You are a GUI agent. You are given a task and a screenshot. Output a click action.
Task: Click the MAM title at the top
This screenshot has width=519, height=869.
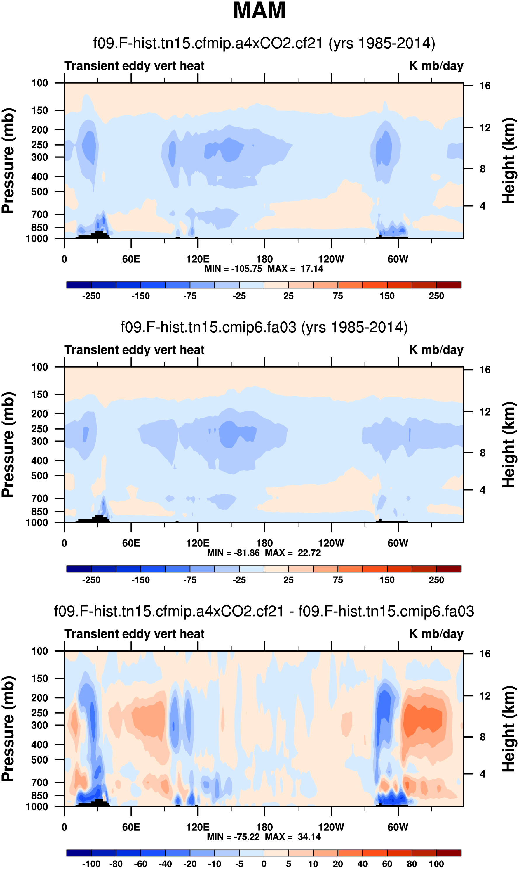(x=259, y=11)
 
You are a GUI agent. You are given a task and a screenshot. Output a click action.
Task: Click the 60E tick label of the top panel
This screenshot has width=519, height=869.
(x=131, y=259)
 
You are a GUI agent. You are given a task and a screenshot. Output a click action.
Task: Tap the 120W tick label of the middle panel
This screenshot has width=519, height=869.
(x=331, y=543)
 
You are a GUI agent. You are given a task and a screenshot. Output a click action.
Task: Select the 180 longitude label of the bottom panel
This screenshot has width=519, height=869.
(x=264, y=827)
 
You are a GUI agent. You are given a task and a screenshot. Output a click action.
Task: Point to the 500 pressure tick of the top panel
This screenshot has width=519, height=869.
(x=39, y=192)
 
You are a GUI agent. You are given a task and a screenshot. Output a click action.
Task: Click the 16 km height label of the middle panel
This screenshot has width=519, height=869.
(x=485, y=370)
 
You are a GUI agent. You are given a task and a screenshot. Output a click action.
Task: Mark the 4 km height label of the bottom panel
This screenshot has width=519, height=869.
(x=483, y=774)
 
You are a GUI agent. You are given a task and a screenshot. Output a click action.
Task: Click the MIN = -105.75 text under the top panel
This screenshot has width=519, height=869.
(x=233, y=269)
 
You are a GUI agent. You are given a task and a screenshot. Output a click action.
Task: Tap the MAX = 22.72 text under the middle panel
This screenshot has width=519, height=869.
(x=293, y=553)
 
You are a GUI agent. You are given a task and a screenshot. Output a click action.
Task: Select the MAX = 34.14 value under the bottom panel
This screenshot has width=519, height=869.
(x=293, y=837)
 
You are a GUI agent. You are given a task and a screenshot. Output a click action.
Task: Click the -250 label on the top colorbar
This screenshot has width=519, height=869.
(x=91, y=296)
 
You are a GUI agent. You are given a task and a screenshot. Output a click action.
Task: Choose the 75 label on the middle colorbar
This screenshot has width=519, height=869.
(x=337, y=580)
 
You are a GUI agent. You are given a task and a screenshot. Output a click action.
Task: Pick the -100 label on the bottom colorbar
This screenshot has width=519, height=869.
(x=91, y=864)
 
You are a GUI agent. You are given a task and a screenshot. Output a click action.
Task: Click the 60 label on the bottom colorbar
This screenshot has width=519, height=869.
(x=387, y=864)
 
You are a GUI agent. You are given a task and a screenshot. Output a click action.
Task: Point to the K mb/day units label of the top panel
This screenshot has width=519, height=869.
(x=436, y=66)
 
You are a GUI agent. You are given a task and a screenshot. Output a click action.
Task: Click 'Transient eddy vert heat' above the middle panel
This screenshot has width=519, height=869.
(x=134, y=350)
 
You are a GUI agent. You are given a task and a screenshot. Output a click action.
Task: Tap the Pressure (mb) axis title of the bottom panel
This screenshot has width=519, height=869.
(x=8, y=729)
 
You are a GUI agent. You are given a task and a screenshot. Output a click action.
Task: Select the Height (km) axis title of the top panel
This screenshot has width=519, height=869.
(x=509, y=161)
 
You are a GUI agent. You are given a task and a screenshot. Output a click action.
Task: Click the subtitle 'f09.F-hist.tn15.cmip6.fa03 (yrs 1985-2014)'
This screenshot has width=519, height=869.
(x=264, y=327)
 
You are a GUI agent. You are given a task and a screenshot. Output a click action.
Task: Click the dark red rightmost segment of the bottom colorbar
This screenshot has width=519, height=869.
(x=449, y=853)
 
